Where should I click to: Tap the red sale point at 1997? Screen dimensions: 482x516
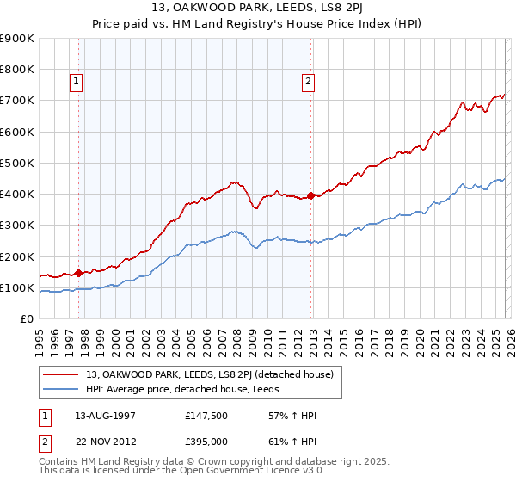tap(78, 273)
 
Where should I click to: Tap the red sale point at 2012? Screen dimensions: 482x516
tap(310, 195)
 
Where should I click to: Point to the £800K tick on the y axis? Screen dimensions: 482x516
tap(17, 69)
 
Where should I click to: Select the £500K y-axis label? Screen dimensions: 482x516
tap(17, 163)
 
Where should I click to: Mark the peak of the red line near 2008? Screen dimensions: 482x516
tap(234, 182)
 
